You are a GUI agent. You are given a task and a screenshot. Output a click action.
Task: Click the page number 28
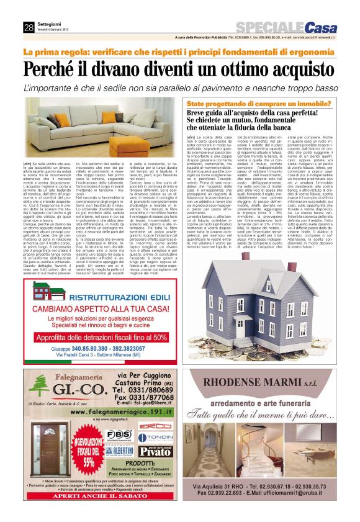pyautogui.click(x=29, y=27)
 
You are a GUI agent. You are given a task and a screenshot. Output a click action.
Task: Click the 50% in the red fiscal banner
pyautogui.click(x=158, y=338)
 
